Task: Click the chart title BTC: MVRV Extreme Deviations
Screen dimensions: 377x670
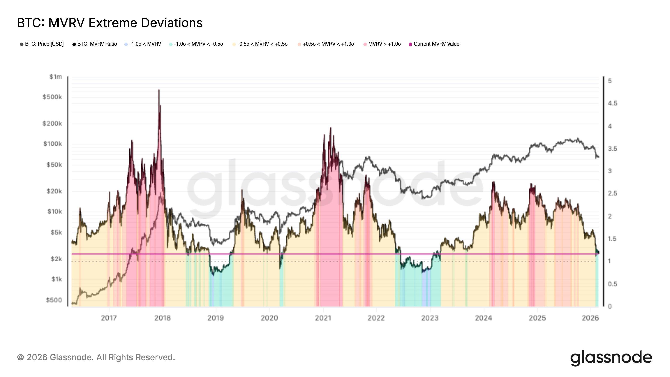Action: pyautogui.click(x=110, y=23)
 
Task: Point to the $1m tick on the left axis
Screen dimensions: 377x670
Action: pyautogui.click(x=56, y=77)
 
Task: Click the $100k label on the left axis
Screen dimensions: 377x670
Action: pyautogui.click(x=53, y=144)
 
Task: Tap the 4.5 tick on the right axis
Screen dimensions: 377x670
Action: pyautogui.click(x=612, y=103)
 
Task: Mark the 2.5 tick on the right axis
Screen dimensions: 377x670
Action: pyautogui.click(x=612, y=194)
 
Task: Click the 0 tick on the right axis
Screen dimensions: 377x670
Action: pyautogui.click(x=610, y=306)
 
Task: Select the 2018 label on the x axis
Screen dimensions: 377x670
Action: pyautogui.click(x=162, y=318)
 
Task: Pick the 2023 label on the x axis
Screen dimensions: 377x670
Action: pyautogui.click(x=430, y=318)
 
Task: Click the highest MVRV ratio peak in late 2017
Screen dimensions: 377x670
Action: pyautogui.click(x=159, y=90)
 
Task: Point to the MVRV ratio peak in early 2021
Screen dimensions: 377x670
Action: pyautogui.click(x=331, y=128)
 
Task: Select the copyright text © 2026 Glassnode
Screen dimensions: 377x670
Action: pyautogui.click(x=96, y=357)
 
